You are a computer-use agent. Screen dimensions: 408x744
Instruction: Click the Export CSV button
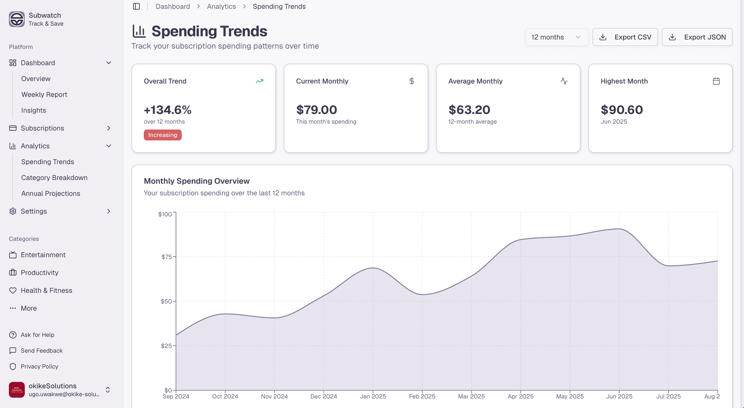tap(625, 37)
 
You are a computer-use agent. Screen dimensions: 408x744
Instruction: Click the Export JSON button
tap(697, 37)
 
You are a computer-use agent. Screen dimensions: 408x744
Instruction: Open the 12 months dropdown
tap(556, 37)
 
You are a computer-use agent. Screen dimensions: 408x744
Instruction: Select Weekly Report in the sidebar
tap(44, 95)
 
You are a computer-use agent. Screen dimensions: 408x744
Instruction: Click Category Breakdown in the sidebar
tap(54, 178)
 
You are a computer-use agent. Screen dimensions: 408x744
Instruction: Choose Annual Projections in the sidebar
tap(51, 194)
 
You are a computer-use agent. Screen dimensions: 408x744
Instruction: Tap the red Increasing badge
tap(162, 135)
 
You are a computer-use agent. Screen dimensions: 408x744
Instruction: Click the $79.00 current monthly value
tap(316, 110)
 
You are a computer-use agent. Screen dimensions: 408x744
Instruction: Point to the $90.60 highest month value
tap(622, 110)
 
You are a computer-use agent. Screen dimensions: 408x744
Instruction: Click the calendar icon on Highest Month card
tap(716, 81)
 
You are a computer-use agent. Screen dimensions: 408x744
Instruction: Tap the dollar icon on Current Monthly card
tap(412, 81)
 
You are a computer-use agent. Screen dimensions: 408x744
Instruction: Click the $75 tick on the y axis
tap(166, 257)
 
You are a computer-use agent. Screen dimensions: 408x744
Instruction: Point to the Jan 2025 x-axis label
tap(373, 396)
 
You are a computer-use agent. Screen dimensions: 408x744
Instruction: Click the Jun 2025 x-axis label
tap(619, 396)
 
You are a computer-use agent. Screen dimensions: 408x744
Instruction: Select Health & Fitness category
tap(46, 290)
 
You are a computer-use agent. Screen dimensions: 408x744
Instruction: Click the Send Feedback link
tap(41, 351)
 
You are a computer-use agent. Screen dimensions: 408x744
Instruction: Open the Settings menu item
tap(34, 211)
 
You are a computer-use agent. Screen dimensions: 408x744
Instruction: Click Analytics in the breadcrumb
tap(221, 7)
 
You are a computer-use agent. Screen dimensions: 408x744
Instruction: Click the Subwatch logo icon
tap(17, 19)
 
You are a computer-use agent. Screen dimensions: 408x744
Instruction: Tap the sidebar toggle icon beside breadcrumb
tap(136, 7)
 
